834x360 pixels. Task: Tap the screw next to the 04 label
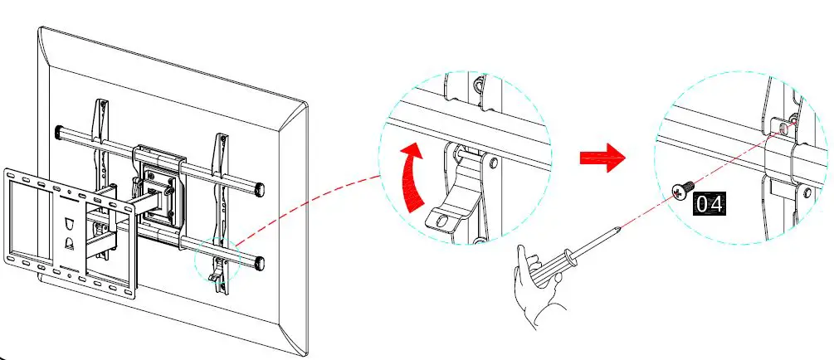click(679, 192)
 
